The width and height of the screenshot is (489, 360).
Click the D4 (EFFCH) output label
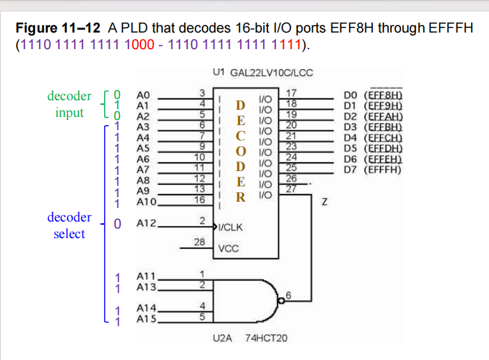(377, 137)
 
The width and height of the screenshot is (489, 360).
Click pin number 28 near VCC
(199, 242)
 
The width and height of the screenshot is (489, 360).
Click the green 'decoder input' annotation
(70, 104)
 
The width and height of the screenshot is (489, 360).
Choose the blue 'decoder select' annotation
(70, 225)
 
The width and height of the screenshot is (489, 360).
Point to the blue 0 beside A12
(117, 224)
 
